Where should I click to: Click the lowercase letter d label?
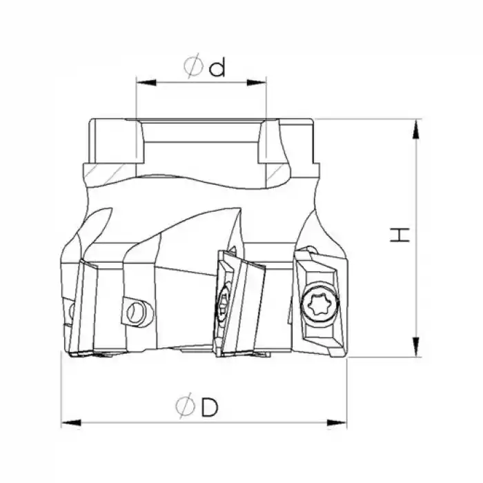[218, 67]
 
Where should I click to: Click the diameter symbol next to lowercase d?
[193, 67]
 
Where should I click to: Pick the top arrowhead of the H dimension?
[416, 126]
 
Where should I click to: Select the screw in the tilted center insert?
[224, 304]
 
